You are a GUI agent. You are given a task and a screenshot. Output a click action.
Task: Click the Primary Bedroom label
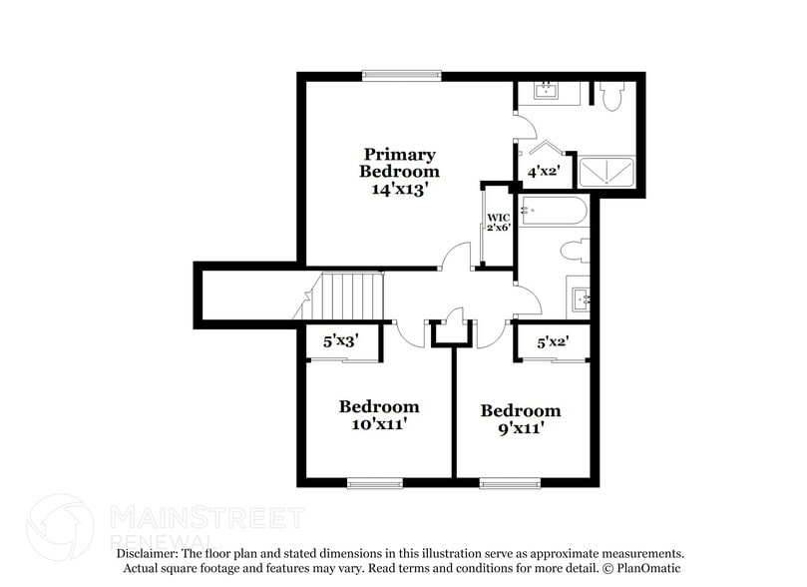click(399, 163)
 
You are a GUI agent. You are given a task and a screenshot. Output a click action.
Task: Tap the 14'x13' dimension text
click(400, 190)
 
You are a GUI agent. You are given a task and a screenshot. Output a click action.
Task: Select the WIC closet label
click(499, 218)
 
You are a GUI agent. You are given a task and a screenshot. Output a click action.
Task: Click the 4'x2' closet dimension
click(544, 171)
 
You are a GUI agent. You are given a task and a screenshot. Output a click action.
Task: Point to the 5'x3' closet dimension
click(341, 340)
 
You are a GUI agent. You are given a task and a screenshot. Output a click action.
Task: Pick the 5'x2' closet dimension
click(553, 341)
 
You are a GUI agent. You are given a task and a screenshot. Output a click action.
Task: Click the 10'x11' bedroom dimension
click(379, 424)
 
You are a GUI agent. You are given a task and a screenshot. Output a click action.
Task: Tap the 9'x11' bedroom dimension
click(521, 428)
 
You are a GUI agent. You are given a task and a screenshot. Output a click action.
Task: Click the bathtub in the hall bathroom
click(553, 210)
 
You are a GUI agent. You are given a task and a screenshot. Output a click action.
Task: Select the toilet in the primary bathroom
click(612, 96)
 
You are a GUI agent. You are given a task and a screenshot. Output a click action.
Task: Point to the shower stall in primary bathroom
click(606, 173)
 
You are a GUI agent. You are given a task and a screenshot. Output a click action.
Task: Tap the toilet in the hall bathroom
click(575, 251)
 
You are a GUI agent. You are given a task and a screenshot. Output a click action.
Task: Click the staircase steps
click(347, 296)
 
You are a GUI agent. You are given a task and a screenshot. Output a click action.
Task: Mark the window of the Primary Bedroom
click(402, 76)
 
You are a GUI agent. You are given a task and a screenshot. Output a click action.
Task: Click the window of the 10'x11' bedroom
click(375, 483)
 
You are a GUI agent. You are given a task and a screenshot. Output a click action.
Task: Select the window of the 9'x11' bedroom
click(510, 483)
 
